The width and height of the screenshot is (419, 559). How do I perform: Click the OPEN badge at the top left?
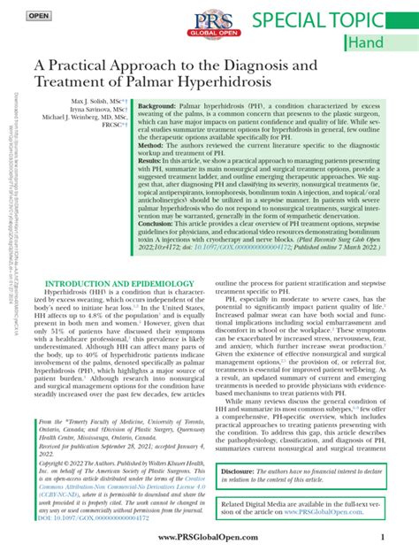pos(38,16)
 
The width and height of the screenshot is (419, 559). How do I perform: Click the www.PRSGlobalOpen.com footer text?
pos(209,539)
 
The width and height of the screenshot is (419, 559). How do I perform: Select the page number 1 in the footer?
pos(380,539)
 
